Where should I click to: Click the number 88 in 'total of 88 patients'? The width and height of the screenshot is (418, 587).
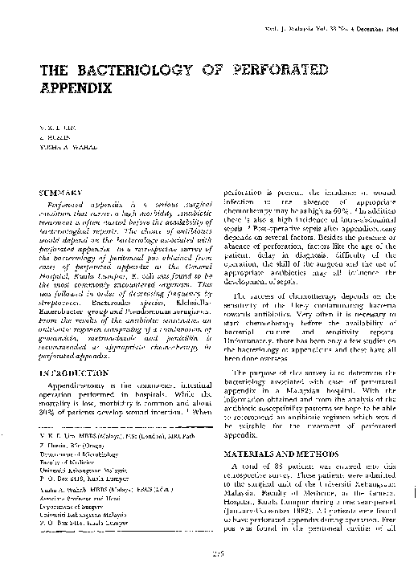[x=273, y=466]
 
